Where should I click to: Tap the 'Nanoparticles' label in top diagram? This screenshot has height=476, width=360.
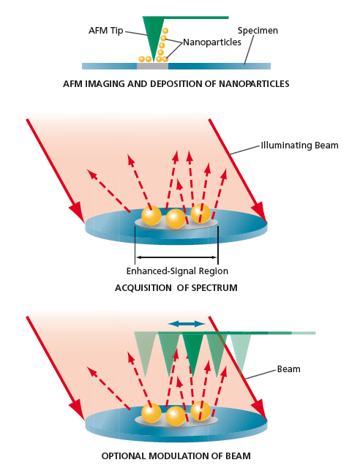[211, 42]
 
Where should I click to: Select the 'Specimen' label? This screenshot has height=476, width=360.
[257, 31]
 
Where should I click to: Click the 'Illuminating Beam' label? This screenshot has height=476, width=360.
[299, 146]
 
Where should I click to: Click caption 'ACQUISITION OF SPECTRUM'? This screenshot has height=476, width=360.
[176, 288]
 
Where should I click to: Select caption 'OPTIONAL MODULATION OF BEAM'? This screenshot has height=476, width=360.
[176, 456]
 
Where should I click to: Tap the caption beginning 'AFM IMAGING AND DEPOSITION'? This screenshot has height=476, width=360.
[176, 84]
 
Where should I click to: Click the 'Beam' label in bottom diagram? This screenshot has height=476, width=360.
[288, 369]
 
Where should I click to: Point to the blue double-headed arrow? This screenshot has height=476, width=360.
[187, 323]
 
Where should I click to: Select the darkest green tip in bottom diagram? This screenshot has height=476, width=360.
[193, 349]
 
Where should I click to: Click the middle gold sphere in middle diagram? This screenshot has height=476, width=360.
[176, 219]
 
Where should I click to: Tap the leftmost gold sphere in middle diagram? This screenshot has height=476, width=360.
[151, 215]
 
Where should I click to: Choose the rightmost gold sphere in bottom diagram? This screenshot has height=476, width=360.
[200, 410]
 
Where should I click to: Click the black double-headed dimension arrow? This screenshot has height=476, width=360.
[176, 257]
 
